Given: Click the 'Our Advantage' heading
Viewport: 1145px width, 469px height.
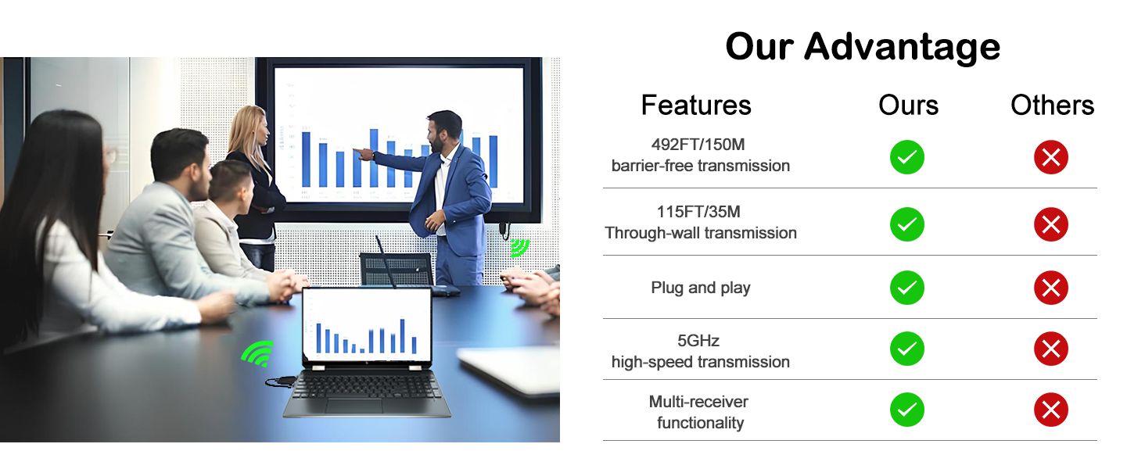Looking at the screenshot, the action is (863, 46).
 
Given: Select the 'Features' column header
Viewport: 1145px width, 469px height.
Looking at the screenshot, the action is (696, 106).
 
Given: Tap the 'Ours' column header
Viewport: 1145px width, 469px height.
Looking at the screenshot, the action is (908, 106).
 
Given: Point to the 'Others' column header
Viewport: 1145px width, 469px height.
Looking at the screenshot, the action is (1052, 106).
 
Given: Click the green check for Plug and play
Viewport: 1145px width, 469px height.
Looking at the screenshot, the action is (907, 288).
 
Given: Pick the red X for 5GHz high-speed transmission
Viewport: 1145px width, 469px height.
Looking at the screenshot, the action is (1051, 349).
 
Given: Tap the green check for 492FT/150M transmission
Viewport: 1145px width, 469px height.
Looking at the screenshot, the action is (907, 157).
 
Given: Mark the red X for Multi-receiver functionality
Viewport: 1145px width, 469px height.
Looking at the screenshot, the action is (1051, 410).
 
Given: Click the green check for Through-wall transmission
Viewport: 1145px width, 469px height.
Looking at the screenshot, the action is (907, 224).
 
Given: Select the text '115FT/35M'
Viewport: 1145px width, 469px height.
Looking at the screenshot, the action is (698, 212).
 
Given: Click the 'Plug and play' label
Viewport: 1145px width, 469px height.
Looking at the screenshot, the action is (700, 288).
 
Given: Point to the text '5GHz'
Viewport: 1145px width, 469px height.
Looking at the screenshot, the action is (698, 340).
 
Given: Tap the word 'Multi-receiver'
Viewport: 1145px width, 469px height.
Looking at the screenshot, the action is (698, 402).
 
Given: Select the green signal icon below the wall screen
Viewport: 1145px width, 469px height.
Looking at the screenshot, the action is (519, 247).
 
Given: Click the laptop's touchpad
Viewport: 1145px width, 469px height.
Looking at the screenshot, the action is (354, 406).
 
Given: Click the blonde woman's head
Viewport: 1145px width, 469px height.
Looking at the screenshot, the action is (250, 125).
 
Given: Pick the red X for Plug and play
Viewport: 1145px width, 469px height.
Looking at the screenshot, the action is (1051, 288).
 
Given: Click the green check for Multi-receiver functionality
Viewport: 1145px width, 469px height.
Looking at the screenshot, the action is (907, 410).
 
